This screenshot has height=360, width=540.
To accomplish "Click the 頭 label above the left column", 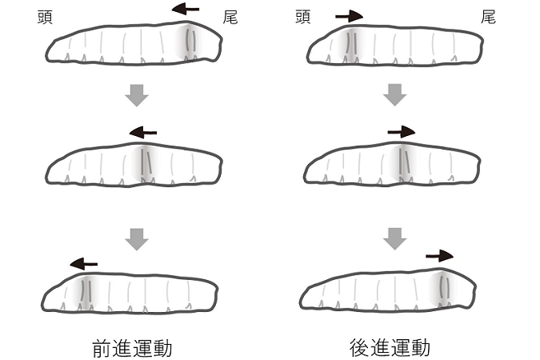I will (46, 16).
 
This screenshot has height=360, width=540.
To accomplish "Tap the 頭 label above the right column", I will (302, 16).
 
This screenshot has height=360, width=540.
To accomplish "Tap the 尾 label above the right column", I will (487, 16).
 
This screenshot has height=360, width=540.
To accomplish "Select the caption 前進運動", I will (132, 348).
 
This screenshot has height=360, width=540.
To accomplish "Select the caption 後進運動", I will (390, 348).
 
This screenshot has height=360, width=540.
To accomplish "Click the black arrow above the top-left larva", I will (186, 10).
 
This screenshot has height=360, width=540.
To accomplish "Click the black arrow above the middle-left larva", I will (144, 132).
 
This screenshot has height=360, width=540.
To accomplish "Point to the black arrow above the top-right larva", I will (349, 15).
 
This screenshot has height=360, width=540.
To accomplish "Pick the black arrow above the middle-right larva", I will (401, 131).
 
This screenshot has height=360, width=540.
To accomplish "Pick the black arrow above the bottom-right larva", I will (439, 256).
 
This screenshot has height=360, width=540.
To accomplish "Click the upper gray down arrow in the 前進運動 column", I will (138, 95).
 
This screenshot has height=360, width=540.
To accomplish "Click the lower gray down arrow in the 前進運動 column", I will (138, 238).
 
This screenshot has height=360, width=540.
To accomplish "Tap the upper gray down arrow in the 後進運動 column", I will (395, 95).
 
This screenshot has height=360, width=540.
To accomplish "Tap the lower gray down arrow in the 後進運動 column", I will (395, 238).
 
